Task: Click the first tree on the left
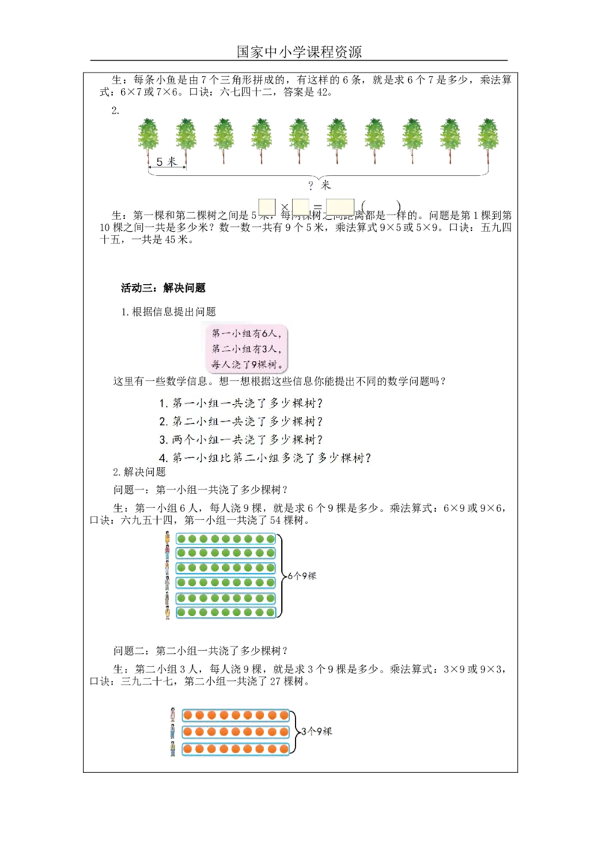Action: (x=148, y=138)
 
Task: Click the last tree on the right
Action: (x=488, y=138)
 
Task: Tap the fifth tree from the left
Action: (x=299, y=138)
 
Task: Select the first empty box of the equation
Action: (x=266, y=208)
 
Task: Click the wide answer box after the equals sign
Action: (x=339, y=208)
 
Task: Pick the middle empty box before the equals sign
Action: (x=301, y=208)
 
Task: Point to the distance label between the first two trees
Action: (x=167, y=162)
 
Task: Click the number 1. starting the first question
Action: (x=163, y=403)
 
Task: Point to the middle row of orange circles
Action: (x=235, y=731)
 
